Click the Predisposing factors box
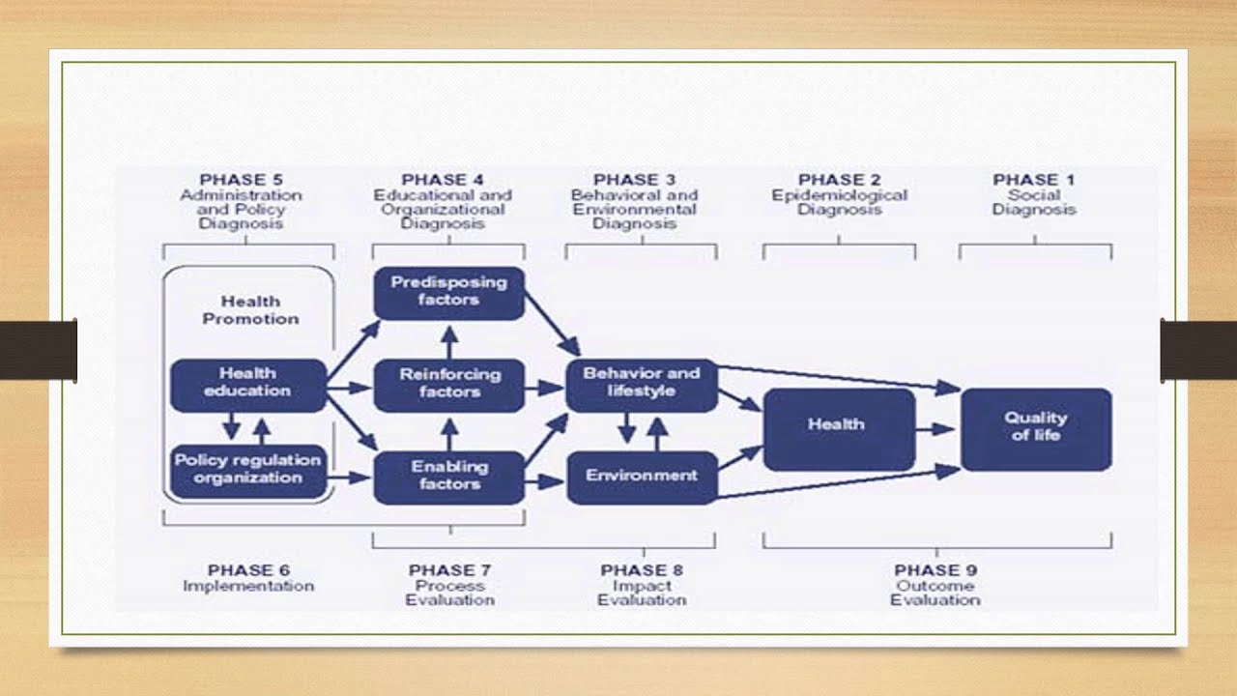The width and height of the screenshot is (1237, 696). [x=449, y=292]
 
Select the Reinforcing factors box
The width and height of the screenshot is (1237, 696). [x=449, y=384]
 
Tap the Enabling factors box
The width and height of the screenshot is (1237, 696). [x=449, y=476]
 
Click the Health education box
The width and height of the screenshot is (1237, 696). [x=248, y=383]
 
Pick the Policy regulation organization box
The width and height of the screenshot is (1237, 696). [x=248, y=470]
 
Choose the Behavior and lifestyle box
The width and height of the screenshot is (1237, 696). [x=642, y=383]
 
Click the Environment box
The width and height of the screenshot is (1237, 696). [x=642, y=476]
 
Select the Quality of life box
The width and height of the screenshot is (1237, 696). [x=1036, y=427]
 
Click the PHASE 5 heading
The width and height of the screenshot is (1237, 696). [x=241, y=180]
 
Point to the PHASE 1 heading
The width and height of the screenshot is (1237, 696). [x=1033, y=180]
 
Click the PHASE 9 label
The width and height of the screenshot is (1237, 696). [x=935, y=570]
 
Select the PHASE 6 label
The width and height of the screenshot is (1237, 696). [x=248, y=570]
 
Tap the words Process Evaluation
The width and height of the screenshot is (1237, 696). [x=449, y=593]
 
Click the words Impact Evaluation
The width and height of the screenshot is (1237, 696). [x=642, y=593]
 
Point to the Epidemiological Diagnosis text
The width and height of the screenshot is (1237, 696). [x=839, y=202]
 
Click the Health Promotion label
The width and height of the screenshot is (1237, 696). [x=251, y=310]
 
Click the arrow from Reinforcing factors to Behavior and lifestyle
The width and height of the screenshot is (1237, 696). [x=544, y=388]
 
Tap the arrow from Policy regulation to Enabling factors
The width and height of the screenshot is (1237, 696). [x=350, y=477]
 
